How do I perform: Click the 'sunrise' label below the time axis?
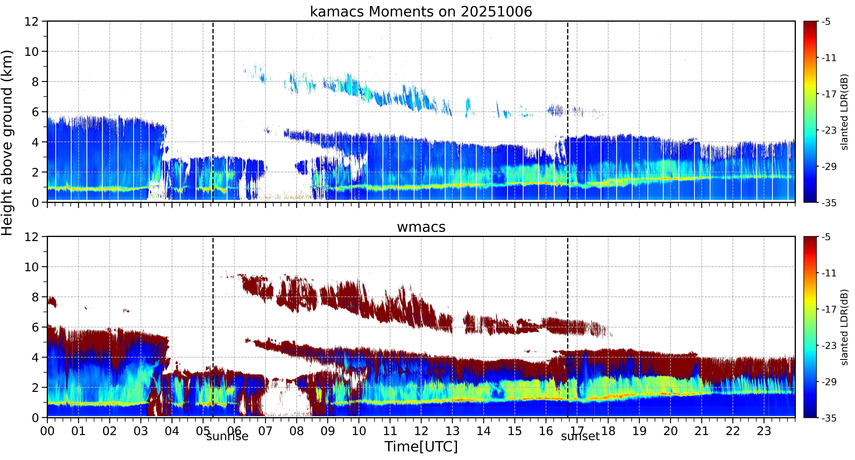coord(227,436)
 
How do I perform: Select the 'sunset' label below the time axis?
coord(581,436)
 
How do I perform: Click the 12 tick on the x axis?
coord(421,431)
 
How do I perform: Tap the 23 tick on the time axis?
coord(764,431)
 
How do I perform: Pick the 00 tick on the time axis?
coord(47,431)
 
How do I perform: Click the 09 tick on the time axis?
coord(328,431)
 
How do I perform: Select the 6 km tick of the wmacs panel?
coord(35,327)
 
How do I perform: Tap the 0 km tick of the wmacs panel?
coord(35,418)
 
